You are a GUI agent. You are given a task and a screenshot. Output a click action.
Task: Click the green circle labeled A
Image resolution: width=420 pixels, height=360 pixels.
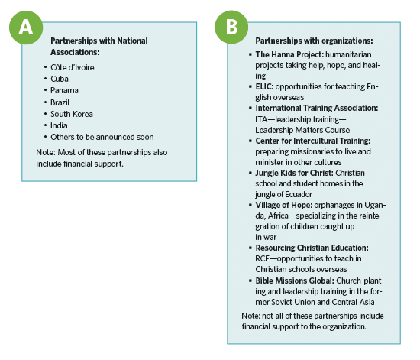pyautogui.click(x=26, y=28)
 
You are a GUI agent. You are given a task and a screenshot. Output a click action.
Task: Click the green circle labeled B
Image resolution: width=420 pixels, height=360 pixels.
pyautogui.click(x=231, y=27)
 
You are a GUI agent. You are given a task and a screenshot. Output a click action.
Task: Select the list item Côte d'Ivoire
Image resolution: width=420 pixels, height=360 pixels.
pyautogui.click(x=73, y=67)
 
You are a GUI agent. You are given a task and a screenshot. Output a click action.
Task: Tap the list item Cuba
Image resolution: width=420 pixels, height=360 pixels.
pyautogui.click(x=60, y=79)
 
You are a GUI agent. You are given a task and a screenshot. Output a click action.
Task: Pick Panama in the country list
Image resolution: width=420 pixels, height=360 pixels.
pyautogui.click(x=64, y=90)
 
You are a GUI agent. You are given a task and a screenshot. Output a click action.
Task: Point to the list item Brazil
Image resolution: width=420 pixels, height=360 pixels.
pyautogui.click(x=60, y=102)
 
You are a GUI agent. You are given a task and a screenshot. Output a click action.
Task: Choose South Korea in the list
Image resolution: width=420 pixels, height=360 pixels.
pyautogui.click(x=72, y=114)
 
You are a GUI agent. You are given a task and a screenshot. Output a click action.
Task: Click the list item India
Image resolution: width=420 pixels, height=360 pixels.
pyautogui.click(x=59, y=125)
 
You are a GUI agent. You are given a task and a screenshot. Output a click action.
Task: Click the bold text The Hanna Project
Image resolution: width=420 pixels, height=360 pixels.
pyautogui.click(x=289, y=54)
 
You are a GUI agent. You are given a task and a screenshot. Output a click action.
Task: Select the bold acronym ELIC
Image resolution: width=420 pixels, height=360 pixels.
pyautogui.click(x=264, y=86)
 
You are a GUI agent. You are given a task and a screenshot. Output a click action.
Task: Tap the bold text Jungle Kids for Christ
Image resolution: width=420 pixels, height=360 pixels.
pyautogui.click(x=294, y=173)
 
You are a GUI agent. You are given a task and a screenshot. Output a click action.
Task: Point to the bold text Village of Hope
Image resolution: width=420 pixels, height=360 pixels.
pyautogui.click(x=283, y=205)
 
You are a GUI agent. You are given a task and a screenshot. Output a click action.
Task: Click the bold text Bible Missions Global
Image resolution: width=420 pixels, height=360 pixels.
pyautogui.click(x=295, y=281)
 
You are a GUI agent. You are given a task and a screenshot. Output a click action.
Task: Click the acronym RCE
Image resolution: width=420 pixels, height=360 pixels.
pyautogui.click(x=262, y=258)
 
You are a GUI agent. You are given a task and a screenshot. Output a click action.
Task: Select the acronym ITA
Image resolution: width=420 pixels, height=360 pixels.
pyautogui.click(x=261, y=119)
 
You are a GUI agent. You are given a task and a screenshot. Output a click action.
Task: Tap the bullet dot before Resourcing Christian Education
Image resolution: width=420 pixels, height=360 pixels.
pyautogui.click(x=250, y=248)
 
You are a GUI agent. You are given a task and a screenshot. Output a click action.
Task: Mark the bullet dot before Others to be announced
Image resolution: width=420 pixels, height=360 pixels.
pyautogui.click(x=46, y=137)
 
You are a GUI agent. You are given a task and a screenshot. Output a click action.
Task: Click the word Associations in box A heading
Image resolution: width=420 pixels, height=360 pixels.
pyautogui.click(x=75, y=52)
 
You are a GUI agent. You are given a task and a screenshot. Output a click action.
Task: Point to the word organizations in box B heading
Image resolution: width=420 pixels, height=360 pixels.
pyautogui.click(x=347, y=41)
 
